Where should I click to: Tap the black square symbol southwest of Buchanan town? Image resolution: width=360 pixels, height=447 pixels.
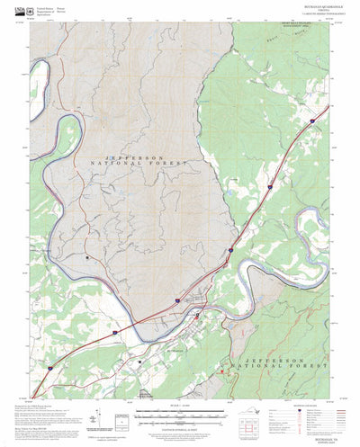(x=142, y=362)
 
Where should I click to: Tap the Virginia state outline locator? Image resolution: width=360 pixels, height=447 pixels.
(x=260, y=414)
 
